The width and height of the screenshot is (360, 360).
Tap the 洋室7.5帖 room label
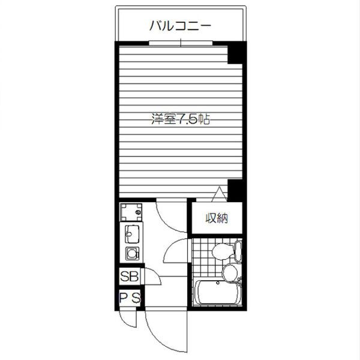click(180, 119)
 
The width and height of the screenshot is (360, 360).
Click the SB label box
click(130, 277)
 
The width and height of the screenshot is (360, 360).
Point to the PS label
click(130, 297)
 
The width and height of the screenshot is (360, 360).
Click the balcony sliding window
click(180, 43)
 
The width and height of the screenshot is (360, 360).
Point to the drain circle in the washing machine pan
click(138, 212)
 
